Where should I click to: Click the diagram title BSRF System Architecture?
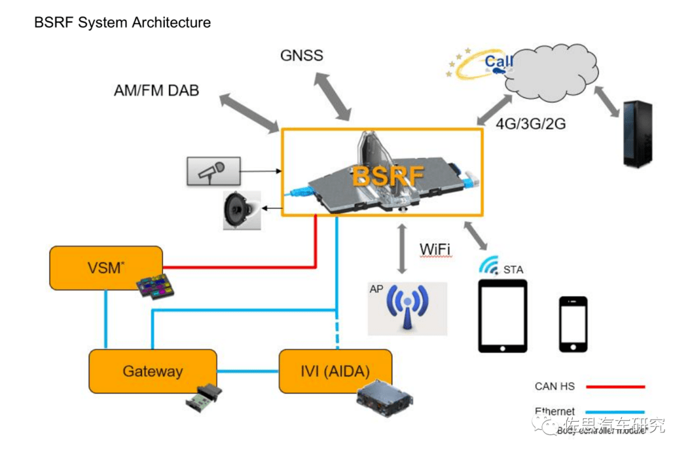pos(122,23)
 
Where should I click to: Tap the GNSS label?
pos(301,55)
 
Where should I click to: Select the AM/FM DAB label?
pos(156,90)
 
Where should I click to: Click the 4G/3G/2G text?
pos(531,124)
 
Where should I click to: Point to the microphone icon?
pos(213,171)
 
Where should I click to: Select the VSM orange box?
pos(106,267)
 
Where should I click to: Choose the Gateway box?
pos(153,371)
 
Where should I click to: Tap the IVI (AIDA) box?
pos(335,371)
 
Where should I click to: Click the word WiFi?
pos(435,250)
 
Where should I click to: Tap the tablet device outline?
pos(503,315)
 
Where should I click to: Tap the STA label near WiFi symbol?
pos(513,270)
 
